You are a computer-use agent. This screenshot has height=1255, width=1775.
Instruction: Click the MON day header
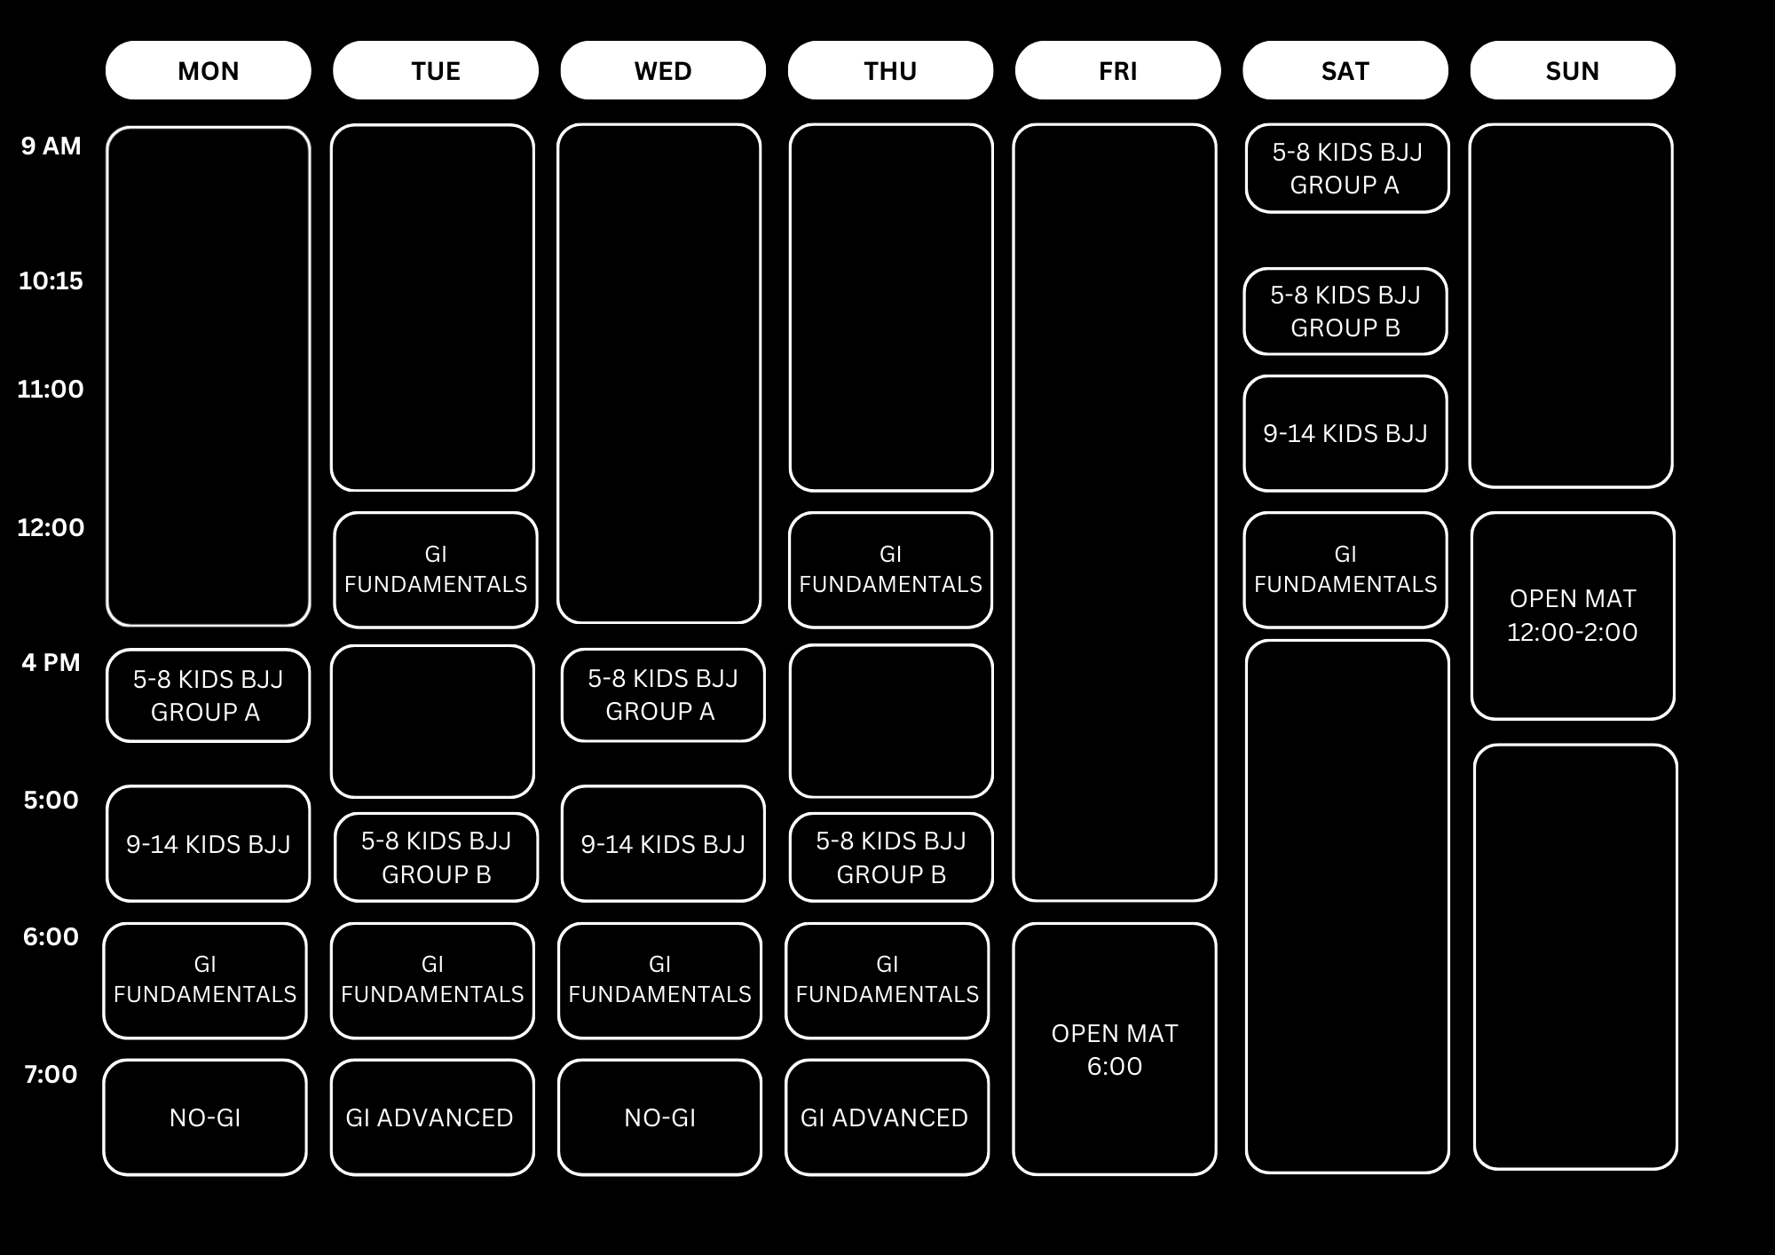pyautogui.click(x=208, y=70)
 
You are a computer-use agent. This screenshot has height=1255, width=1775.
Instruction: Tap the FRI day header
pyautogui.click(x=1117, y=70)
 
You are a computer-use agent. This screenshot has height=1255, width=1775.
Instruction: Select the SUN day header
pyautogui.click(x=1572, y=70)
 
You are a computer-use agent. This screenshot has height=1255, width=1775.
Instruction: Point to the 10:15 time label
pyautogui.click(x=51, y=281)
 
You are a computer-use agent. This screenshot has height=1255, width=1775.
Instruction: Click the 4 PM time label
pyautogui.click(x=51, y=663)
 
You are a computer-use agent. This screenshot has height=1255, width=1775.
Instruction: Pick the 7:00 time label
pyautogui.click(x=51, y=1075)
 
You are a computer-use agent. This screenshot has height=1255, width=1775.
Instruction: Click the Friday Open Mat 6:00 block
pyautogui.click(x=1114, y=1049)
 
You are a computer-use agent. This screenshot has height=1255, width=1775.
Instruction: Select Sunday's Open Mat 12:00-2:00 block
pyautogui.click(x=1572, y=615)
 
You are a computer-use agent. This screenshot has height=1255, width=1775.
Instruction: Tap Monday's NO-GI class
pyautogui.click(x=205, y=1117)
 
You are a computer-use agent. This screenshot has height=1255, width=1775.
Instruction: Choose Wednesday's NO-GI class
pyautogui.click(x=659, y=1117)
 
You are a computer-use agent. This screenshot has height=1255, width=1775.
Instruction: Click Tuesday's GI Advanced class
pyautogui.click(x=431, y=1117)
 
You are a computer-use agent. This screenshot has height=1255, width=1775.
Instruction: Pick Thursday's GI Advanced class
pyautogui.click(x=886, y=1117)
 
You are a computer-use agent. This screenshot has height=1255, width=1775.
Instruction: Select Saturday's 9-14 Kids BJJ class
pyautogui.click(x=1345, y=433)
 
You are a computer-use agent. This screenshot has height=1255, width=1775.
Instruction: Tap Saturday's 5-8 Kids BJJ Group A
pyautogui.click(x=1346, y=169)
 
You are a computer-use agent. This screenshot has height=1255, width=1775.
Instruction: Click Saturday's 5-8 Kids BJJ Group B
pyautogui.click(x=1345, y=312)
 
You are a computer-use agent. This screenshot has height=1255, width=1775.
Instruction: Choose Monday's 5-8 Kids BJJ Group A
pyautogui.click(x=208, y=695)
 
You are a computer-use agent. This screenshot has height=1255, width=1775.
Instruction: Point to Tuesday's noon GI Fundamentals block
pyautogui.click(x=435, y=570)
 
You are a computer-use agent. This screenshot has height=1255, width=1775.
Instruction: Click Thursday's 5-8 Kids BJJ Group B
pyautogui.click(x=890, y=857)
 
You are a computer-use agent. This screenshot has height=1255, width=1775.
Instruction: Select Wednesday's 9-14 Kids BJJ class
pyautogui.click(x=662, y=844)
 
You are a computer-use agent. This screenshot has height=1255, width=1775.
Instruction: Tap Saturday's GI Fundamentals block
pyautogui.click(x=1345, y=570)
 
